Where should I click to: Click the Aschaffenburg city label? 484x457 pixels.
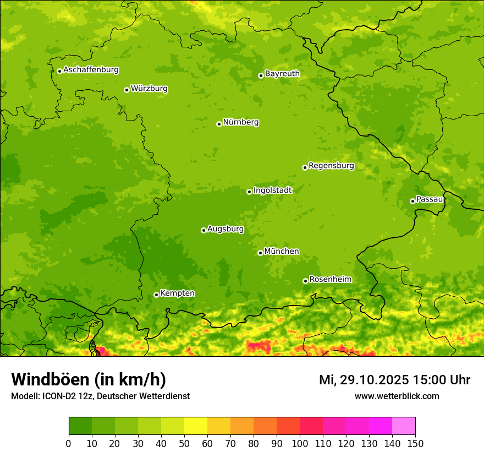coord(91,70)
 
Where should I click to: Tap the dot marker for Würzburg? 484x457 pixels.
coord(127,90)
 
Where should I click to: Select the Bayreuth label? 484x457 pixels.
coord(282,73)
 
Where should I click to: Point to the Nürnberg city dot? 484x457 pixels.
coord(219,124)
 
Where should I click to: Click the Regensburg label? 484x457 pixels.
coord(331,165)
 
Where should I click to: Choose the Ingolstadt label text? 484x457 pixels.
coord(272,190)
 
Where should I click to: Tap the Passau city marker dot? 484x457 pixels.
coord(413,201)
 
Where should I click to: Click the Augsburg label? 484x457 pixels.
coord(226,228)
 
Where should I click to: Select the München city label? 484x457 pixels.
coord(282,251)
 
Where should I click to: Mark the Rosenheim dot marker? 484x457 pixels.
coord(305,281)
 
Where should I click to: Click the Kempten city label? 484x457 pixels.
coord(177,293)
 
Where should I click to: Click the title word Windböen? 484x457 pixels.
coord(50,379)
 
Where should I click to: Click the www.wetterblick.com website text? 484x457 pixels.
coord(397,396)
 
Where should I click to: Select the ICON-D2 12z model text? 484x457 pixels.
coord(64,396)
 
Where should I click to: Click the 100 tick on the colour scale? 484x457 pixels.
coord(300,443)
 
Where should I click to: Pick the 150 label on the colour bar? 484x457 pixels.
coord(415,443)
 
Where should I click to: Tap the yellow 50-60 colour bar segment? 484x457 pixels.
coord(196,426)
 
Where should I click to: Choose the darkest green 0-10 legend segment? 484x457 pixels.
coord(80,426)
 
